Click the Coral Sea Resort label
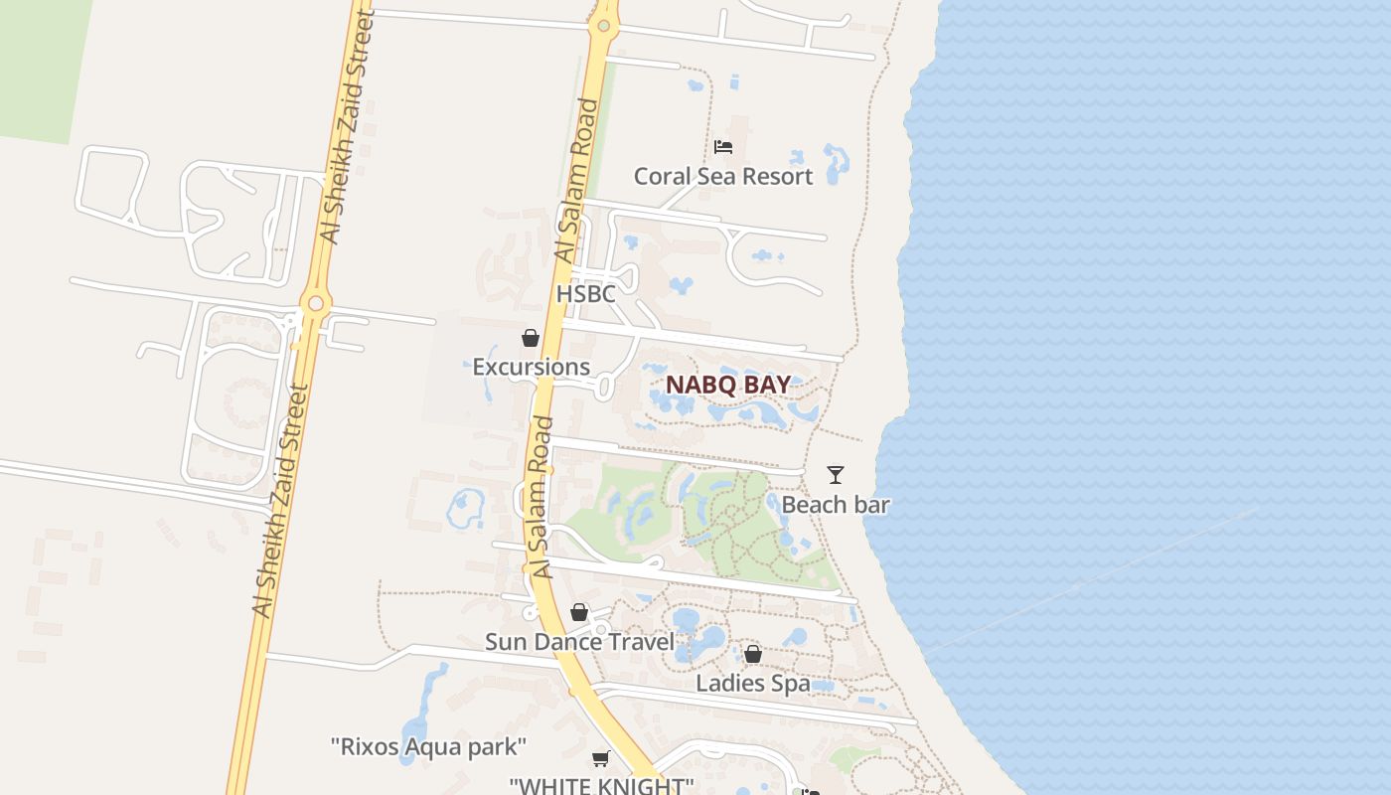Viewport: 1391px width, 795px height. (723, 176)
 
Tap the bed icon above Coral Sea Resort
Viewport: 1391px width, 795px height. (723, 147)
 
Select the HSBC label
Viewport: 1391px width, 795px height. (585, 294)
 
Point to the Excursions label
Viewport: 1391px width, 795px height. (531, 367)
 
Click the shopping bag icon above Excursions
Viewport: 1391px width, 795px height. (531, 338)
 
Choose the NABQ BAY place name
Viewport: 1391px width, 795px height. (728, 385)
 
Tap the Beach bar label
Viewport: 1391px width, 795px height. (836, 505)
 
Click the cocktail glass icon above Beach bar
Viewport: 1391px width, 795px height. (836, 475)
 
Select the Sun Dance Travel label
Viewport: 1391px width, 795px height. (579, 642)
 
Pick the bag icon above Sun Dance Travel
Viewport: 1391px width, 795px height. (579, 612)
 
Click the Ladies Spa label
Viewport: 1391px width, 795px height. (752, 684)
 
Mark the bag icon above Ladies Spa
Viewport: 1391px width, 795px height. (753, 654)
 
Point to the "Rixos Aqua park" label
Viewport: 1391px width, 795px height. (428, 746)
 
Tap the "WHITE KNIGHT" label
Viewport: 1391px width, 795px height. (601, 785)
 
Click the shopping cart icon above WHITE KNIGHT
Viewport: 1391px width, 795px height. (600, 759)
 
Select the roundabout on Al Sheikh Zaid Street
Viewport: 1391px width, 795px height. (316, 302)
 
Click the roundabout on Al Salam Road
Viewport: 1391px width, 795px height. (603, 25)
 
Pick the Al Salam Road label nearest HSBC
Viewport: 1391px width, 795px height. (577, 181)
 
